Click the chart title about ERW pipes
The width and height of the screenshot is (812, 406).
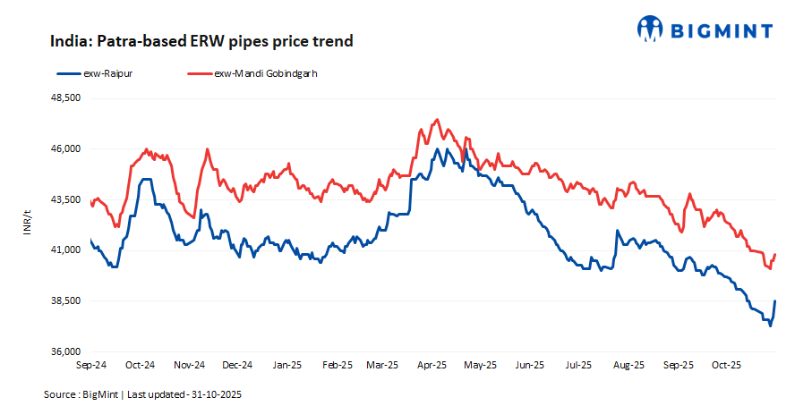tap(201, 41)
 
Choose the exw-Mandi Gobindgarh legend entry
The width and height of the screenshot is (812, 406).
tap(251, 73)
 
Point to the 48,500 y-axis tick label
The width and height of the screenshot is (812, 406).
tap(64, 98)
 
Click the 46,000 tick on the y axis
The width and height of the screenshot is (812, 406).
tap(64, 148)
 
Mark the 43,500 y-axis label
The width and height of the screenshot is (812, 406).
tap(64, 199)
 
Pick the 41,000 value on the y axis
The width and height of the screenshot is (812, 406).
tap(64, 250)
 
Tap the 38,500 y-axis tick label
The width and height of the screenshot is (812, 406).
tap(64, 300)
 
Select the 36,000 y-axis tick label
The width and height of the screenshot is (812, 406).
tap(64, 351)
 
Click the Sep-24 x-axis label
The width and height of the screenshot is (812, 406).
tap(92, 365)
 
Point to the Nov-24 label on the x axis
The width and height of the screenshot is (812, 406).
tap(189, 365)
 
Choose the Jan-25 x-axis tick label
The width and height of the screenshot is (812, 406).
tap(286, 365)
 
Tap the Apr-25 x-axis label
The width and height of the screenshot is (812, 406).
tap(432, 365)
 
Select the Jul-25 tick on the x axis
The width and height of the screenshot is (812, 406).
tap(578, 365)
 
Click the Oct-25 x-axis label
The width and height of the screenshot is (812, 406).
tap(725, 365)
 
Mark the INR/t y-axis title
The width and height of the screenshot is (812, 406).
tap(27, 224)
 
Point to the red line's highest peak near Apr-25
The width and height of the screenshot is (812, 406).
tap(437, 119)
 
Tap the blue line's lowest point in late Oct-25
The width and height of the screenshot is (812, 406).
tap(770, 325)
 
